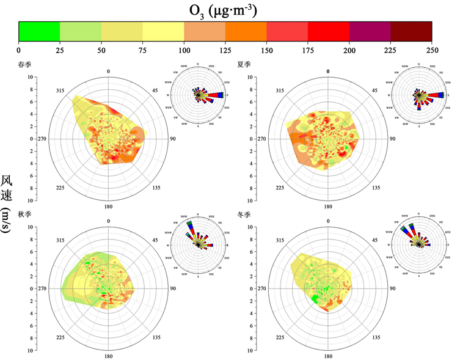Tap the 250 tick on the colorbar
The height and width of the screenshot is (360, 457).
coord(432,50)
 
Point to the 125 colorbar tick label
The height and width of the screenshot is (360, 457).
coord(225,50)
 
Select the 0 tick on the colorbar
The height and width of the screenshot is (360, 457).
coord(19,50)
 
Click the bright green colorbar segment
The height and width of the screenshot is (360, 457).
coord(39,31)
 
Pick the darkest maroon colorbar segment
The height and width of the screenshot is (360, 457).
coord(411,31)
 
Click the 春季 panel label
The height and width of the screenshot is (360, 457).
coord(26,64)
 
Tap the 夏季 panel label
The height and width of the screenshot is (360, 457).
coord(244,64)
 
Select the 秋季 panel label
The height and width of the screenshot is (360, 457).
coord(26,215)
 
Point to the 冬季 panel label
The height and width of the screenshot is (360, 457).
coord(244,215)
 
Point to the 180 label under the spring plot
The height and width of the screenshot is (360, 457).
coord(108,206)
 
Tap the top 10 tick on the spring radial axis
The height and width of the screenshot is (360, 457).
coord(29,78)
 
